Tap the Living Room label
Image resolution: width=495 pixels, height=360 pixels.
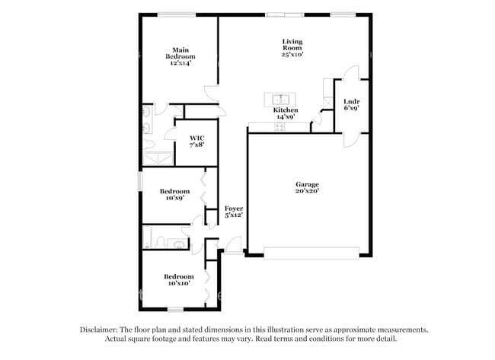[x=292, y=48]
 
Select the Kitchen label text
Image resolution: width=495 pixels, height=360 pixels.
[x=286, y=114]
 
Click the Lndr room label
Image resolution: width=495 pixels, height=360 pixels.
[x=351, y=105]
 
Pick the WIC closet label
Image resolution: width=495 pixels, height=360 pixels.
[x=196, y=142]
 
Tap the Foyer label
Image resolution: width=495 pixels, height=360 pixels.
[x=233, y=212]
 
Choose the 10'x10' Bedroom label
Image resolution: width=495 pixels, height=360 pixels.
[x=178, y=279]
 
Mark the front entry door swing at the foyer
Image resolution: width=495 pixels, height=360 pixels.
[x=234, y=245]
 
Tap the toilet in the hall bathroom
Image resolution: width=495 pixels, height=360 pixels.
[x=178, y=244]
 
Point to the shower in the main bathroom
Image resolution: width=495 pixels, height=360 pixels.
[x=158, y=158]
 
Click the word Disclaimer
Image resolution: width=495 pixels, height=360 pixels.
[x=101, y=330]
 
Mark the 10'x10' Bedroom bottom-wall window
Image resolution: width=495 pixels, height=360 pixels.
[x=176, y=309]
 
